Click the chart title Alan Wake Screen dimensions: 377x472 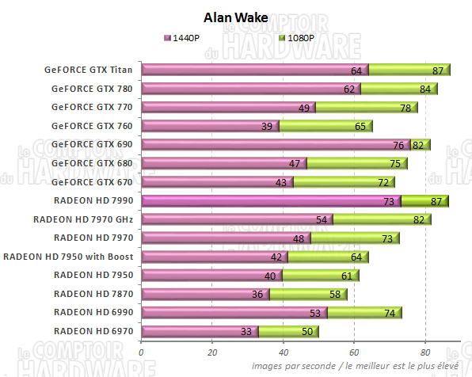[236, 17]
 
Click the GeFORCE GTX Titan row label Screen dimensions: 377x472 [89, 69]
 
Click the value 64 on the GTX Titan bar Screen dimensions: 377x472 [356, 70]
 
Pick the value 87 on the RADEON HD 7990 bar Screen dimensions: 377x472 [436, 202]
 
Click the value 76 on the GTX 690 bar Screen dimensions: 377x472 [398, 146]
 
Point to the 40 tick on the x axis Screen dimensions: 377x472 [283, 353]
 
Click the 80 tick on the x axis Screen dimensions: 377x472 [425, 353]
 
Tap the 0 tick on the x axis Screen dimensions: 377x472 [141, 353]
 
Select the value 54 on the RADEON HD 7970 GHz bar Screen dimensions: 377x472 [321, 220]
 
